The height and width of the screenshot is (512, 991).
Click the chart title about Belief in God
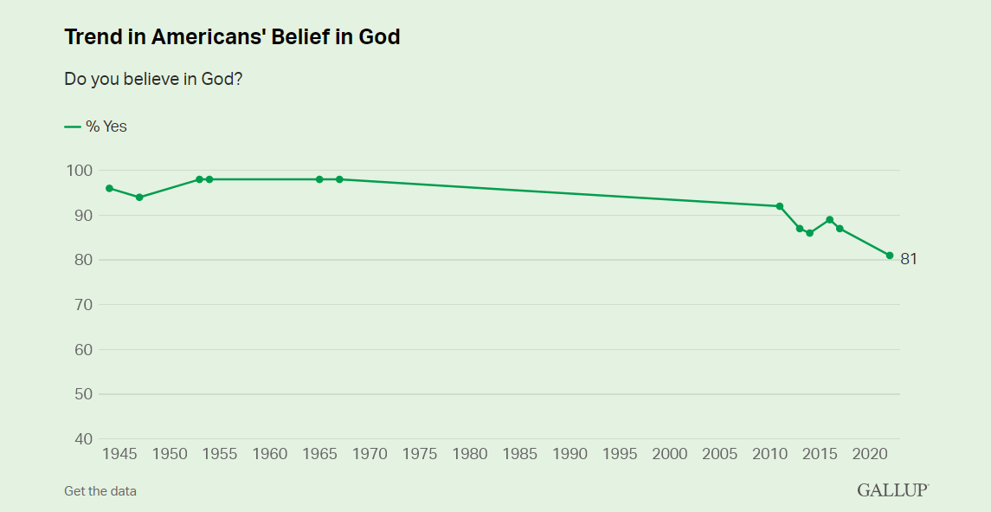click(x=232, y=37)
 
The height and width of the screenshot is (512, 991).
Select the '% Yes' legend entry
click(x=96, y=126)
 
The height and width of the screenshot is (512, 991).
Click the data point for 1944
click(x=109, y=188)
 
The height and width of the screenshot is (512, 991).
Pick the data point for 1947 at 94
click(x=139, y=198)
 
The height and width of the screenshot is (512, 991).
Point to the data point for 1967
click(x=339, y=179)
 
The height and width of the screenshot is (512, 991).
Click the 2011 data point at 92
click(x=780, y=206)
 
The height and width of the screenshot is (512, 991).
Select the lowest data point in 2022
click(x=890, y=256)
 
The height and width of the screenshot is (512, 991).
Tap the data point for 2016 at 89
click(x=830, y=219)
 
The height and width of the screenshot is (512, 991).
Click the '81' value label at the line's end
click(x=909, y=258)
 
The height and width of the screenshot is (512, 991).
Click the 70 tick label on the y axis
click(x=81, y=305)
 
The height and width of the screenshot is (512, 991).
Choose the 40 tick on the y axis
click(x=81, y=439)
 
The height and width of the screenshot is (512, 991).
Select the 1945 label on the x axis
click(x=119, y=454)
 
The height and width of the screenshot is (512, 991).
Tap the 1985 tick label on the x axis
click(x=519, y=454)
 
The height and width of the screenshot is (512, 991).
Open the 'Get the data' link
click(x=100, y=491)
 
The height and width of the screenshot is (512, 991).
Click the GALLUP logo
click(x=892, y=490)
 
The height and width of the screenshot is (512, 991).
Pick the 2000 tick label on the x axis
click(x=669, y=454)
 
